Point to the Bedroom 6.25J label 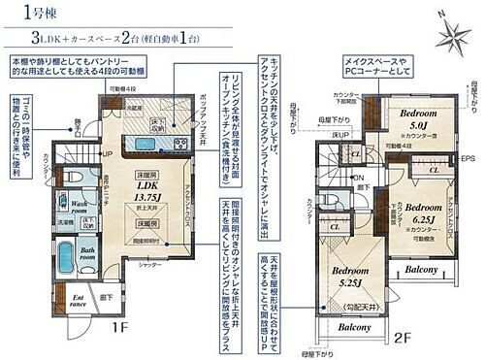tap(423, 214)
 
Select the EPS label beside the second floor tap(469, 158)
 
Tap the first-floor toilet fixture tap(70, 178)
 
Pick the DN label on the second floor tap(360, 178)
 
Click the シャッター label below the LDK tap(148, 264)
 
